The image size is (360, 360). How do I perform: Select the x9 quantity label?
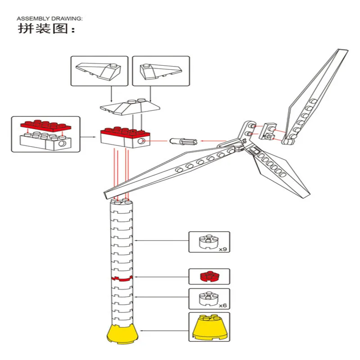point(223,249)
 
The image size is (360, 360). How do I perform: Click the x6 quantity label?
point(223,306)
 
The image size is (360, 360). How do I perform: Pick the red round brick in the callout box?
point(208,276)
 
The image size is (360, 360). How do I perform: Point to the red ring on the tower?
point(122,279)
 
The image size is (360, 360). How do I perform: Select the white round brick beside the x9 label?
point(208,242)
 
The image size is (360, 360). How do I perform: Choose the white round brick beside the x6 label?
point(208,299)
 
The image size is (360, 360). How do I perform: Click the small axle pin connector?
point(184,141)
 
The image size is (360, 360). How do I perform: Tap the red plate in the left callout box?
point(46,126)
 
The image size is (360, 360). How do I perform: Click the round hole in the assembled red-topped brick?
point(141,141)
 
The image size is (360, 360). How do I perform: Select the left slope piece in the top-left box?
point(98,71)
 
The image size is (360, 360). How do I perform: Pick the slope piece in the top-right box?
point(161,72)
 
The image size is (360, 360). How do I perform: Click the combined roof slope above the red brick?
point(130,108)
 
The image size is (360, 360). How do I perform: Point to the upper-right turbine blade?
point(315,96)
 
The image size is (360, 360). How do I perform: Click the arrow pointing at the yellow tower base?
point(164,331)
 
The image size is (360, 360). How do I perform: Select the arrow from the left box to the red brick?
point(88,137)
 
